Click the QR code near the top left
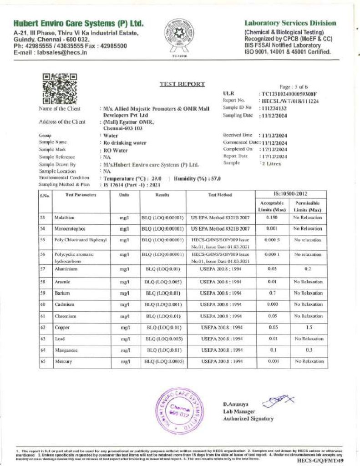coord(59,89)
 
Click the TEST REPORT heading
coord(182,84)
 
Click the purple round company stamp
coord(178,410)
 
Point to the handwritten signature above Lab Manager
coord(274,400)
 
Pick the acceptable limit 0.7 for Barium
coord(273,293)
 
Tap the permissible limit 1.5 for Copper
coord(308,327)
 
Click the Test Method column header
coord(220,195)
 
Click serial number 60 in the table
coord(43,304)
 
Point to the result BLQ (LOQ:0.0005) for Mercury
coord(164,361)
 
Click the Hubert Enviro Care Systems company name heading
coord(78,23)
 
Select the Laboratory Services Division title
coord(290,23)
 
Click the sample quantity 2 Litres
coord(270,163)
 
